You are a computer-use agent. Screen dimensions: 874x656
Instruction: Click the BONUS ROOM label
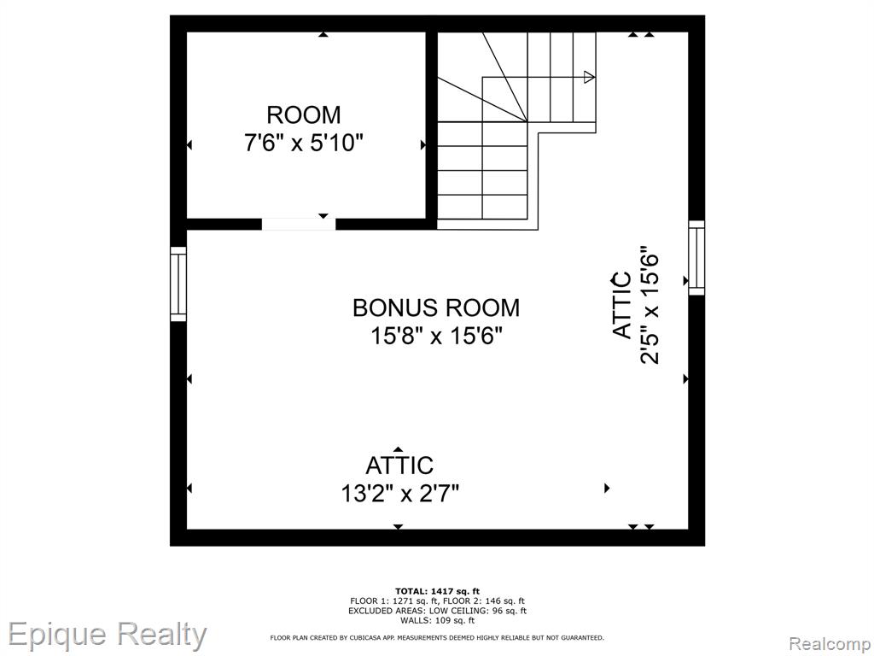pyautogui.click(x=436, y=307)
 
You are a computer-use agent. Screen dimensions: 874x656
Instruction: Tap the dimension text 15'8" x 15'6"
pyautogui.click(x=437, y=337)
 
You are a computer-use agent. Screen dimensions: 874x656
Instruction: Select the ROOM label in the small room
pyautogui.click(x=304, y=115)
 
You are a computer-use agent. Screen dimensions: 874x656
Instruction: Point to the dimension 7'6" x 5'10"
pyautogui.click(x=303, y=143)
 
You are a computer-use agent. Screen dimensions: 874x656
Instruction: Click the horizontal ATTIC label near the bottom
pyautogui.click(x=399, y=466)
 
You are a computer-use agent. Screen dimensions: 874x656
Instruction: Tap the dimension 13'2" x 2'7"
pyautogui.click(x=399, y=494)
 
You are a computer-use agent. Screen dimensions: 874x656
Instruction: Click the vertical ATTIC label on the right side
pyautogui.click(x=622, y=305)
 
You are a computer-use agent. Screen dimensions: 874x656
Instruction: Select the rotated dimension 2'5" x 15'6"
pyautogui.click(x=650, y=305)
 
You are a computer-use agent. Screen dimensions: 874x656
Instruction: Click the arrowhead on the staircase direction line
pyautogui.click(x=589, y=77)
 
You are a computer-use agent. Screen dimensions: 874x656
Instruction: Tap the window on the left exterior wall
pyautogui.click(x=178, y=284)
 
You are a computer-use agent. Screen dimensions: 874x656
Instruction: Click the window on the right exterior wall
pyautogui.click(x=696, y=258)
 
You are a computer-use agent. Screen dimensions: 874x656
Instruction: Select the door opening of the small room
pyautogui.click(x=299, y=225)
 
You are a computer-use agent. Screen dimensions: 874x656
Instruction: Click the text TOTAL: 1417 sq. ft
pyautogui.click(x=437, y=591)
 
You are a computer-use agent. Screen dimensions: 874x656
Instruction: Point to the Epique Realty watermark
pyautogui.click(x=107, y=635)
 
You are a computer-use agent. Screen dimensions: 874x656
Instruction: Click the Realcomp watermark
pyautogui.click(x=830, y=643)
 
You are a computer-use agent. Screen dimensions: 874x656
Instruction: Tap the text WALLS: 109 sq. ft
pyautogui.click(x=437, y=620)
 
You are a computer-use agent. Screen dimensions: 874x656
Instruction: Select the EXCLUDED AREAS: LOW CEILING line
pyautogui.click(x=437, y=611)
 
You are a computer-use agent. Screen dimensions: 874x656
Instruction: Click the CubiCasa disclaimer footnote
pyautogui.click(x=437, y=637)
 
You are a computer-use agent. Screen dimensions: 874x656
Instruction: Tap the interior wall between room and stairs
pyautogui.click(x=431, y=126)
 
